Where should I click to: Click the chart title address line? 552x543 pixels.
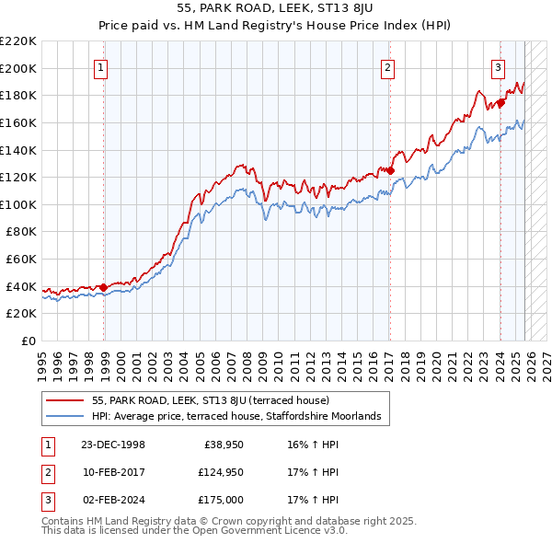coord(275,8)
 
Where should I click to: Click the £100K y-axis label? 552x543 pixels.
coord(18,204)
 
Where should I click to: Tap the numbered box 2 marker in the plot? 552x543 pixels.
coord(388,66)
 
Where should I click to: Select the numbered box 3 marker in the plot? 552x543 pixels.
coord(498,66)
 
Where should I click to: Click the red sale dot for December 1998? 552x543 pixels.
coord(104,287)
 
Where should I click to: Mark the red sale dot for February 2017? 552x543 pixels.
coord(390,170)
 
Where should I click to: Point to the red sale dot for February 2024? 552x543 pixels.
coord(500,102)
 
